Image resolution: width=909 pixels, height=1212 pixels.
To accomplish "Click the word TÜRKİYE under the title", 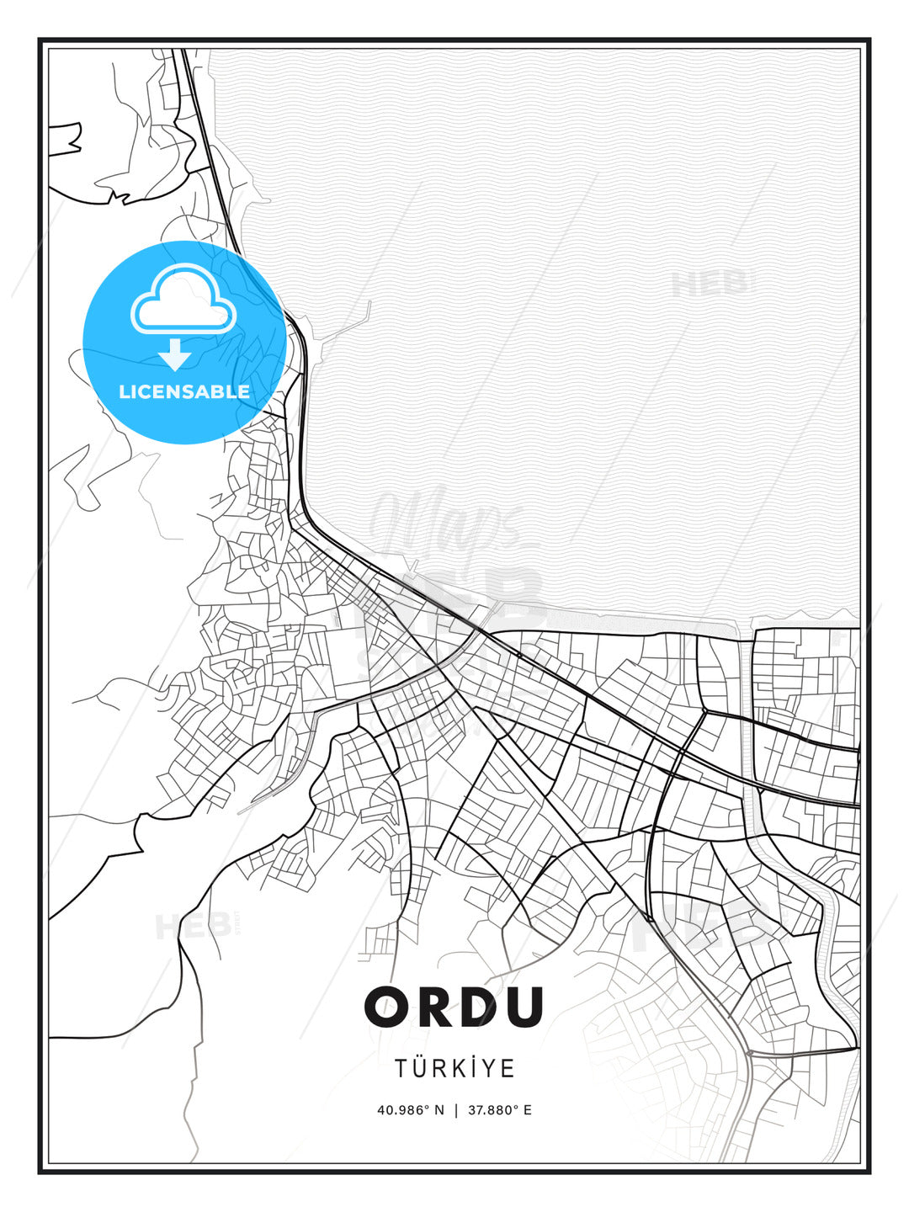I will coord(454,1068).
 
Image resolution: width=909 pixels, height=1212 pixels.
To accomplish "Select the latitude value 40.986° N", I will coord(410,1110).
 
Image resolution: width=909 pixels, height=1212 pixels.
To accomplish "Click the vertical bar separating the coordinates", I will coord(455,1110).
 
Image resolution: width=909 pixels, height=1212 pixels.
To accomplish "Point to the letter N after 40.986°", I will coord(439,1110).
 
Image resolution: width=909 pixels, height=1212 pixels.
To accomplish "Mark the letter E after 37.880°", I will coord(528,1110).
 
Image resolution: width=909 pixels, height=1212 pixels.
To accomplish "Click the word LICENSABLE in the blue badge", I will coord(184,391).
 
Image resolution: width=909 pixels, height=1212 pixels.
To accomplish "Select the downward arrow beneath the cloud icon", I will coord(175,354).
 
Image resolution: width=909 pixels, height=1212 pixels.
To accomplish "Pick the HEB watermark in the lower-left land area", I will coord(193,927).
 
